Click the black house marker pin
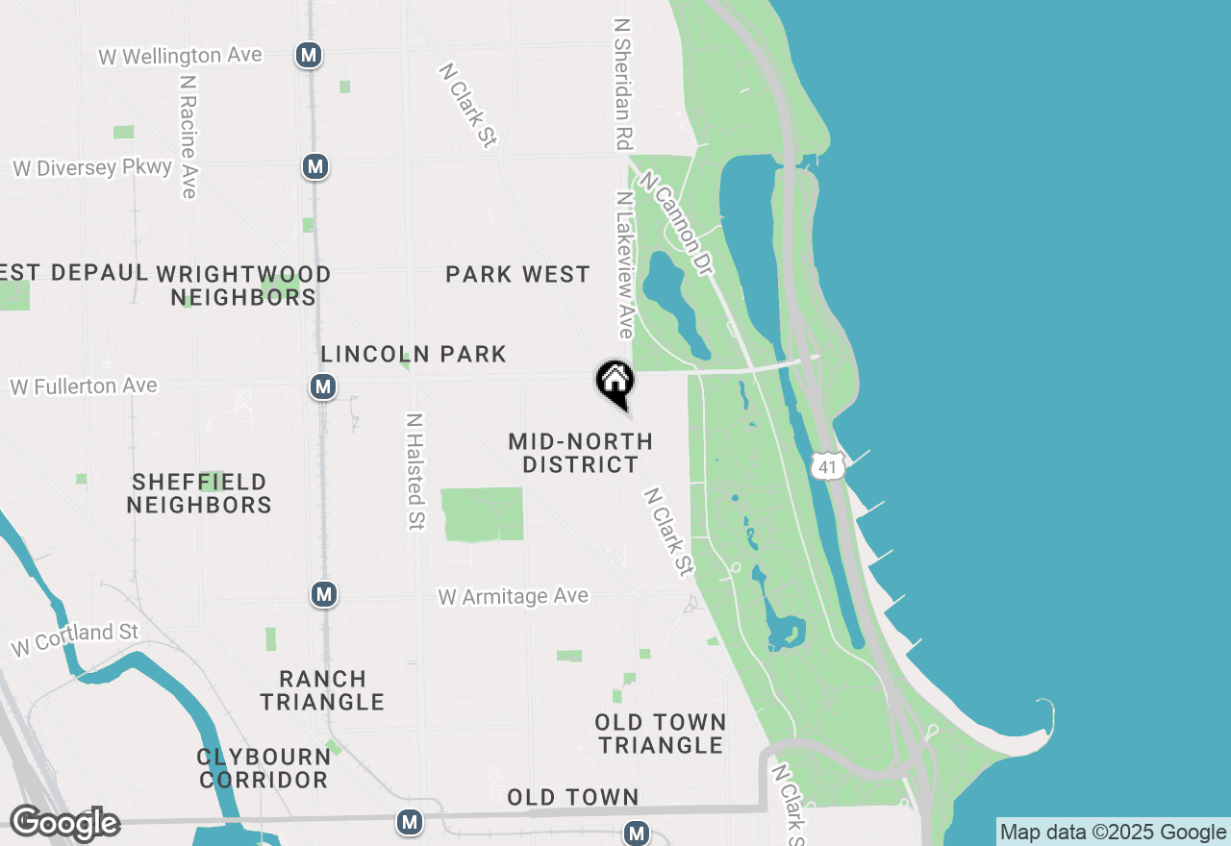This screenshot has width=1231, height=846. pos(615,382)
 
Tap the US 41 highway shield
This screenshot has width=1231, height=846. pos(827,467)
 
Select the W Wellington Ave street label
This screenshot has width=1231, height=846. pos(180,56)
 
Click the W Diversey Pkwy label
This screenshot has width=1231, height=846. pos(92,168)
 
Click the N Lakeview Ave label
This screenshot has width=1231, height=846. pos(625,265)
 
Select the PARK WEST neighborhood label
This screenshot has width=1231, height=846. pos(517,275)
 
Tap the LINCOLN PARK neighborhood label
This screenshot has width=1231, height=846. pos(414,354)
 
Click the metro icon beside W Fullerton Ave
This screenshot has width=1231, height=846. pos(323,387)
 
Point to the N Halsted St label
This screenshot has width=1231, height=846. pos(415,471)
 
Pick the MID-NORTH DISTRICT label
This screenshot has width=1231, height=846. pos(580,453)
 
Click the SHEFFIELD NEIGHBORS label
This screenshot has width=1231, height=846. pos(199,493)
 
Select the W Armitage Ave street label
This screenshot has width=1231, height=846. pos(513,597)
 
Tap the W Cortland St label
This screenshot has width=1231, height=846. pos(75,639)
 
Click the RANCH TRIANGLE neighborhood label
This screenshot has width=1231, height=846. pos(322,690)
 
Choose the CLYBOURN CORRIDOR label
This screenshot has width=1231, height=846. pos(263,768)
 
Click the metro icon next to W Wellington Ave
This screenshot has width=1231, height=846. pos(309,55)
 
